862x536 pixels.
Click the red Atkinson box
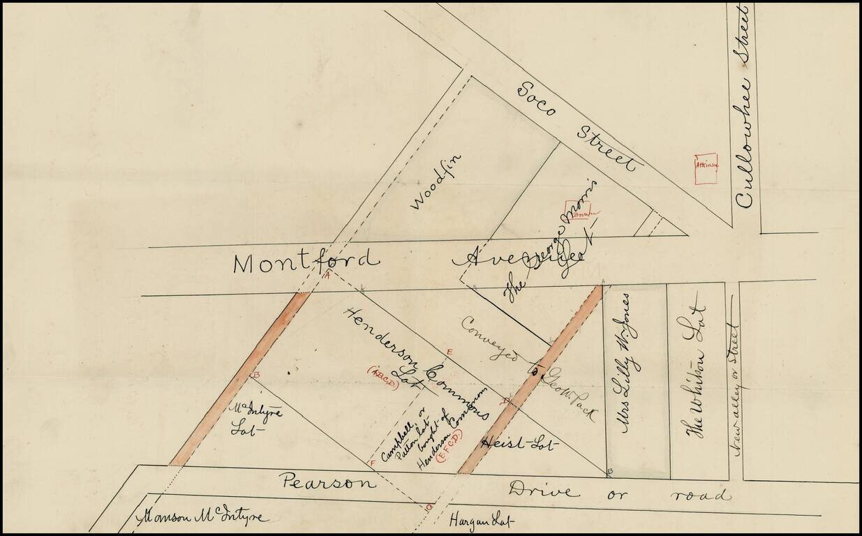pos(706,168)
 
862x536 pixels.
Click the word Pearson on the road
pos(327,482)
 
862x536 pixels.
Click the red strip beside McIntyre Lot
pos(237,381)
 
